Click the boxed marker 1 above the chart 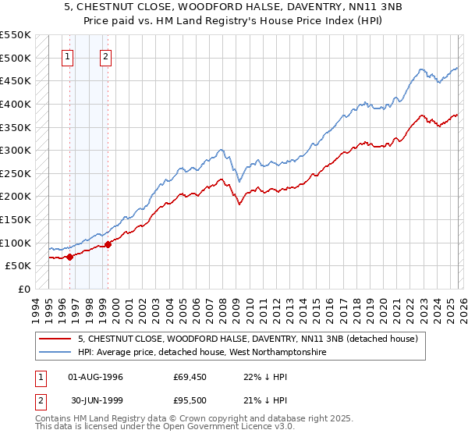68,56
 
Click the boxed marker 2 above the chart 105,56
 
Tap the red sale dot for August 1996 69,256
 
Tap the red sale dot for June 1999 108,244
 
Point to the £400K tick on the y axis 16,104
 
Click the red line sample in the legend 54,339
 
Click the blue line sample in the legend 54,353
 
